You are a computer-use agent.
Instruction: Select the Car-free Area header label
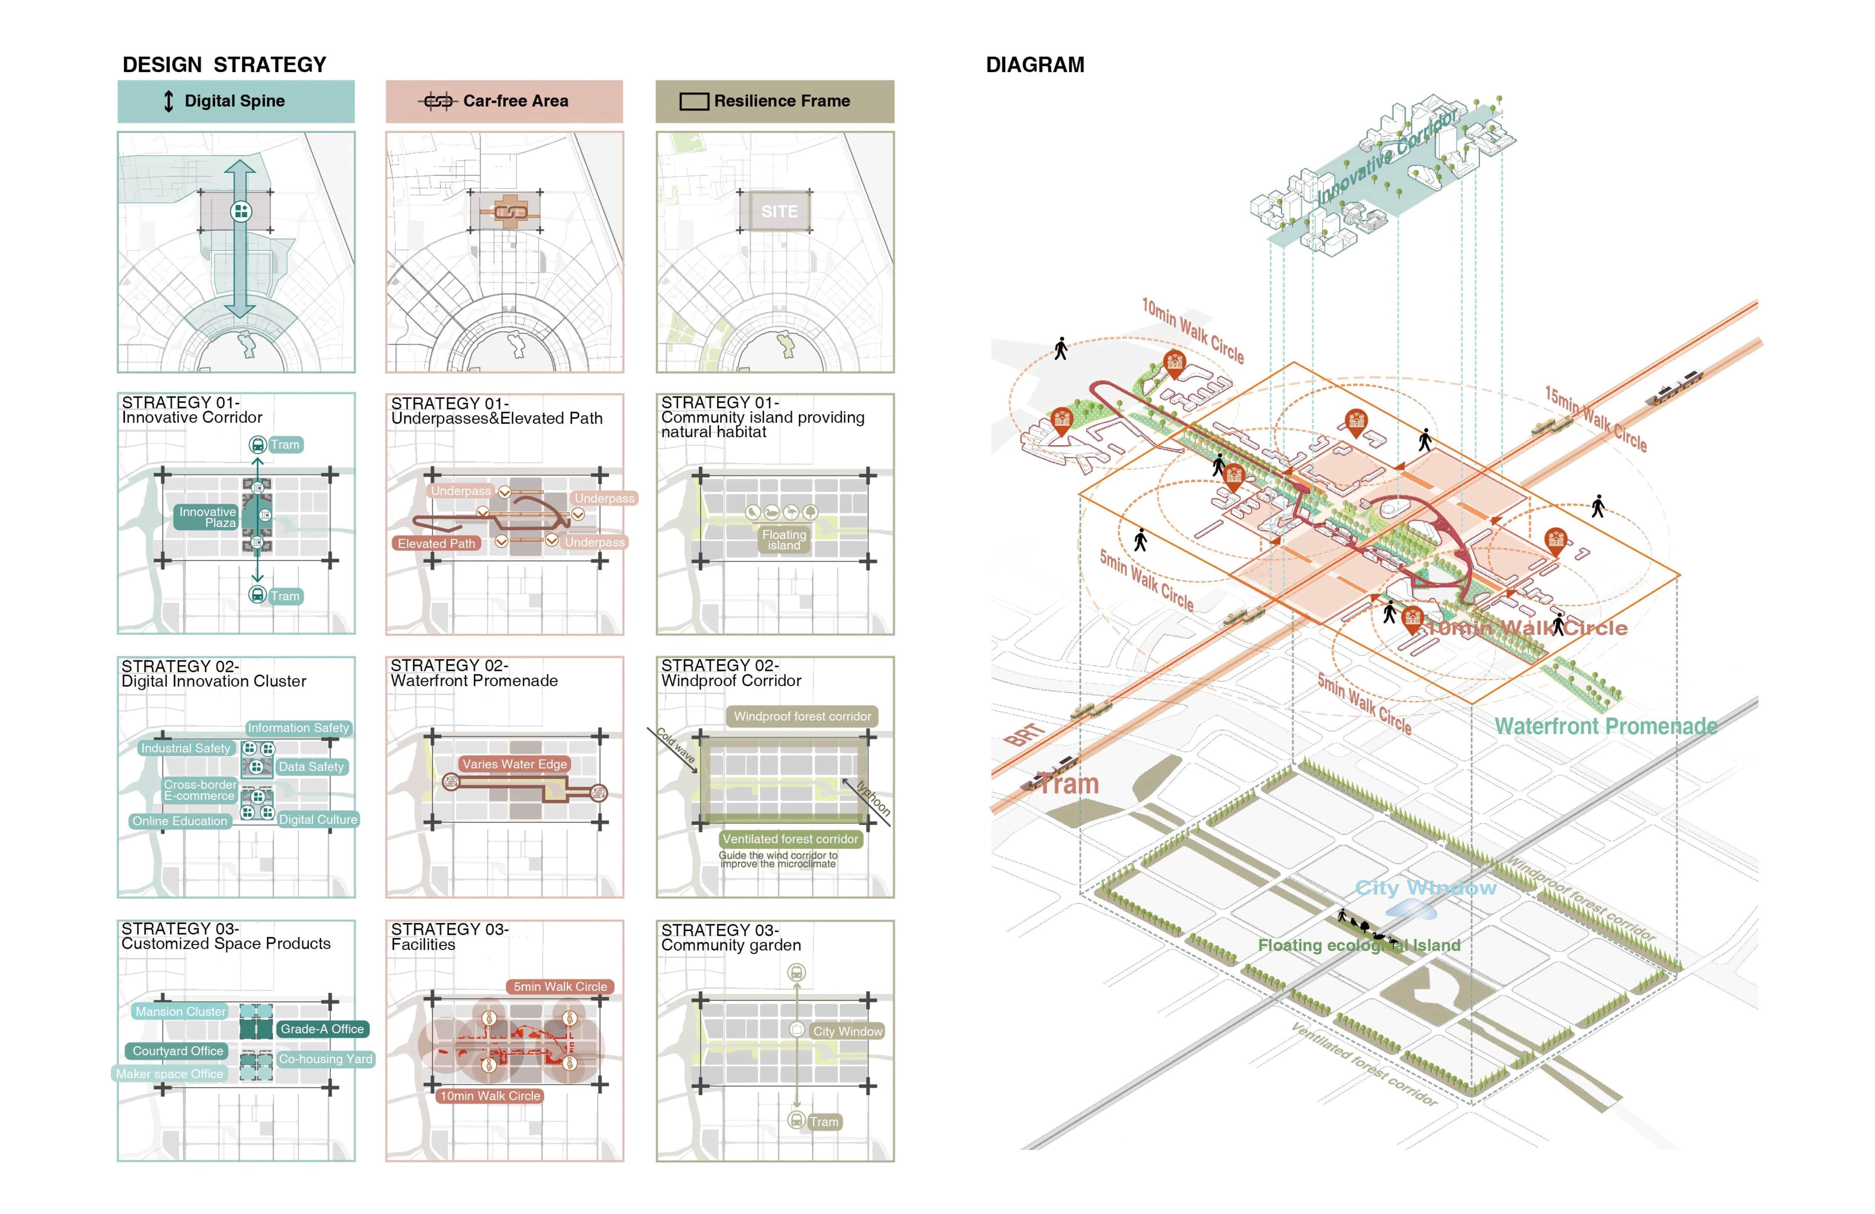coord(515,101)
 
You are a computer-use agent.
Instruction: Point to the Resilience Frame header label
coord(782,101)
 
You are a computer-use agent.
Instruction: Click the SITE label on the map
coord(779,211)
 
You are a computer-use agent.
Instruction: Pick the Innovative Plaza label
coord(207,517)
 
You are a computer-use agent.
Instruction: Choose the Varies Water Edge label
coord(514,764)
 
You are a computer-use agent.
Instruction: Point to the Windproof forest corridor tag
coord(802,717)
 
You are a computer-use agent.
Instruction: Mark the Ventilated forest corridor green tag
coord(790,839)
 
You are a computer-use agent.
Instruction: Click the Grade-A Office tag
coord(322,1029)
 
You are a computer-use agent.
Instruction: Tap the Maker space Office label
coord(169,1074)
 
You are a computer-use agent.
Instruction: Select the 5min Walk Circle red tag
coord(560,986)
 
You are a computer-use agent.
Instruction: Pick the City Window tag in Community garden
coord(848,1031)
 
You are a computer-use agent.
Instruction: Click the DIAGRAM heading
coord(1035,65)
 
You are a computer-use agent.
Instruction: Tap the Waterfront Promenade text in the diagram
coord(1606,726)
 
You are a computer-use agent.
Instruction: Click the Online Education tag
coord(180,821)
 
